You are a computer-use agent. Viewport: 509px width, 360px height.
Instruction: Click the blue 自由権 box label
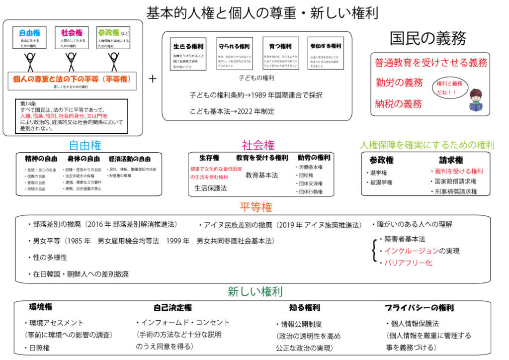click(29, 33)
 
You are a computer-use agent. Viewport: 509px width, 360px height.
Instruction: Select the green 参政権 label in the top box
click(108, 33)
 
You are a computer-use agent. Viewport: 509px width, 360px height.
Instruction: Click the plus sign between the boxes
click(153, 79)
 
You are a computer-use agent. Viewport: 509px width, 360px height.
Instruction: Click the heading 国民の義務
click(427, 38)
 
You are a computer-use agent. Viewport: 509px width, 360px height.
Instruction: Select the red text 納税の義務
click(399, 103)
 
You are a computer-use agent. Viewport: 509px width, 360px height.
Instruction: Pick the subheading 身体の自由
click(83, 159)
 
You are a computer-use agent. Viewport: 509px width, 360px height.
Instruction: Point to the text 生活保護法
click(211, 188)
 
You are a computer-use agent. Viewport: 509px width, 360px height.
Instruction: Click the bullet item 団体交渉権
click(311, 183)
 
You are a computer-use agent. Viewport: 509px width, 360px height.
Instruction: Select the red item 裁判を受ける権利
click(456, 171)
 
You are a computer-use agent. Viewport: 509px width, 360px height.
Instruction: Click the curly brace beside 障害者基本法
click(374, 251)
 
